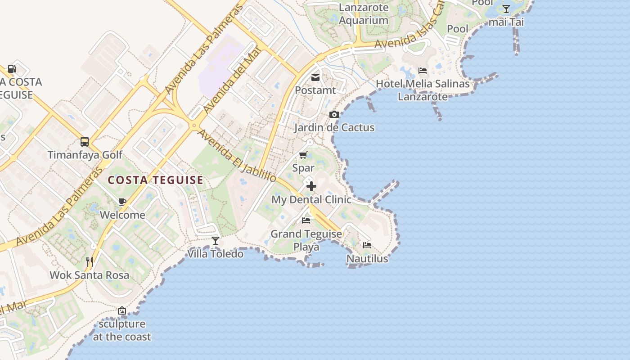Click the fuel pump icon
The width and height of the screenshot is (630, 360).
click(12, 69)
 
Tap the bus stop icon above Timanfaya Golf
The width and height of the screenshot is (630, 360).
click(85, 142)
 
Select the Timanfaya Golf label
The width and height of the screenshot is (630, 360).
click(85, 155)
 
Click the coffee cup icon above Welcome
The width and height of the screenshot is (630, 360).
click(122, 202)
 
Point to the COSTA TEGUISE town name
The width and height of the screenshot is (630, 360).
click(156, 180)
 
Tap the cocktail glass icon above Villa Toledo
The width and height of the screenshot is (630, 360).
click(216, 241)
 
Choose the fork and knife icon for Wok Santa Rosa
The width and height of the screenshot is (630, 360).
click(90, 262)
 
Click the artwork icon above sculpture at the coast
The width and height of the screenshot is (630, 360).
click(121, 310)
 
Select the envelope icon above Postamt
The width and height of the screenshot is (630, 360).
click(315, 77)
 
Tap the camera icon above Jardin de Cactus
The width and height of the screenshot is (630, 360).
click(334, 115)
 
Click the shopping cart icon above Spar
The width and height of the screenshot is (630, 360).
click(303, 155)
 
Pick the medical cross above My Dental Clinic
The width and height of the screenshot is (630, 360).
click(311, 186)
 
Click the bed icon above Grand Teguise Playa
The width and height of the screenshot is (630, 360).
click(306, 220)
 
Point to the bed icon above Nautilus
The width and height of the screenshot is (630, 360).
click(367, 246)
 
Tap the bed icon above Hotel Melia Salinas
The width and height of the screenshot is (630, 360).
click(423, 71)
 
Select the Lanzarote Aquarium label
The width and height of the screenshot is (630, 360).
click(364, 14)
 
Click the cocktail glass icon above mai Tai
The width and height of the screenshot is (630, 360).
click(506, 9)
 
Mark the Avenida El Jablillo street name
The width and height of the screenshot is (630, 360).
click(237, 156)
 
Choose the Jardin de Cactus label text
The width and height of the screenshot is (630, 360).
click(334, 128)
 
